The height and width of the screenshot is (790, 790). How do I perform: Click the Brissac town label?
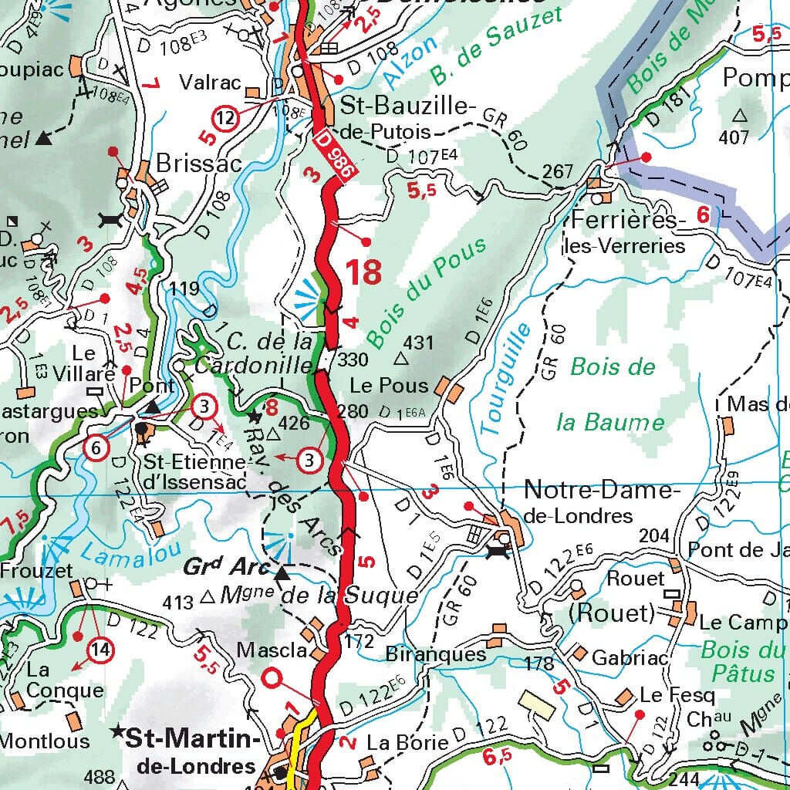click(x=199, y=164)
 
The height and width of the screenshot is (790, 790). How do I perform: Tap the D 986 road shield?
click(x=334, y=155)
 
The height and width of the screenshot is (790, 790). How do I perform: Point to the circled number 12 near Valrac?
click(x=225, y=119)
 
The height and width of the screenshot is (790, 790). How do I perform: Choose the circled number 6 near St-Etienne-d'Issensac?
click(x=96, y=447)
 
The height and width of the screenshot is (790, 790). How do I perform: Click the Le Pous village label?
click(x=389, y=384)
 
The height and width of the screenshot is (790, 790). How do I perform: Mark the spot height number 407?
click(x=734, y=137)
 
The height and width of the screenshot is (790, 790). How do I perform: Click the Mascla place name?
click(x=266, y=650)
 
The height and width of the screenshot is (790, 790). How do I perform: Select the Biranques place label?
click(x=436, y=655)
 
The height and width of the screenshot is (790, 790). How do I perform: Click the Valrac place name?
click(x=211, y=83)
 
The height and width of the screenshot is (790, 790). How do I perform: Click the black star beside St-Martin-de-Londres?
click(x=117, y=730)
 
